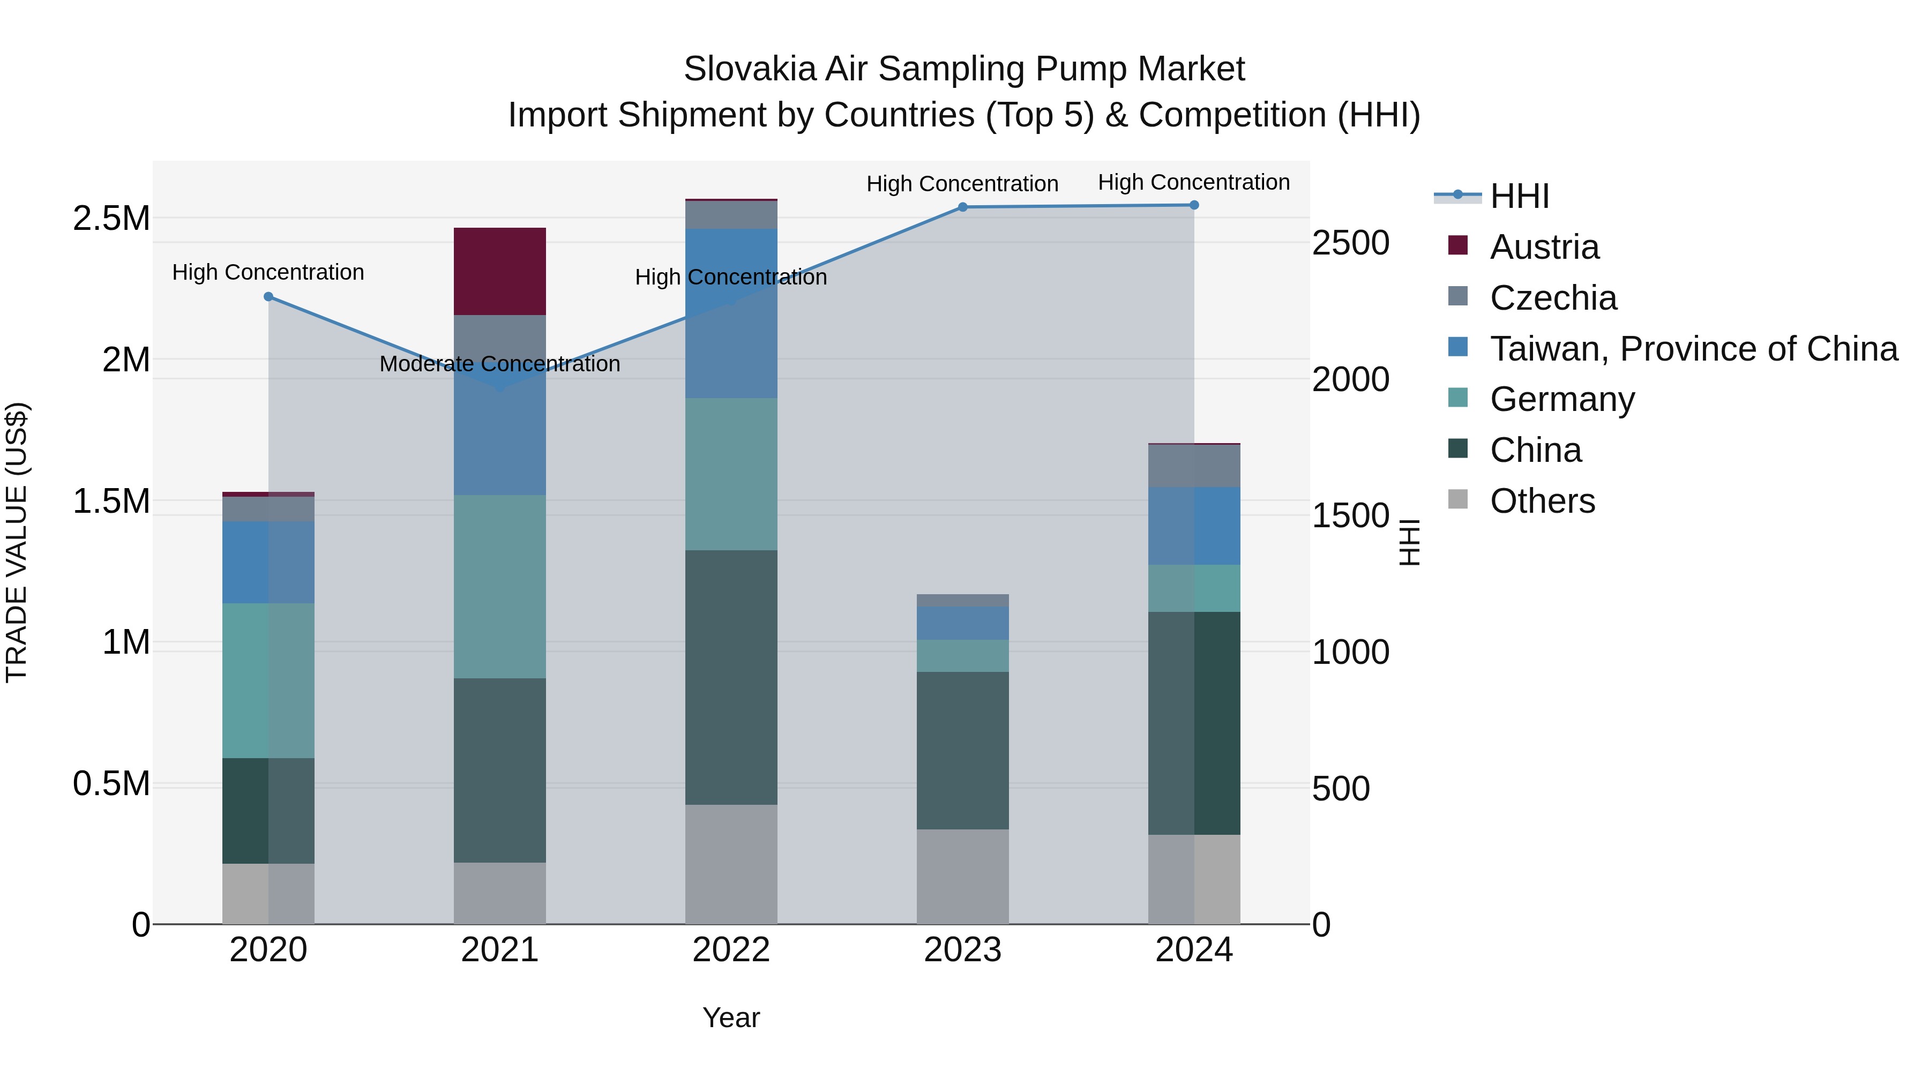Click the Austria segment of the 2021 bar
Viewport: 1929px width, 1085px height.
pyautogui.click(x=499, y=271)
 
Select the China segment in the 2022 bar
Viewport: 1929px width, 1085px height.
pyautogui.click(x=731, y=678)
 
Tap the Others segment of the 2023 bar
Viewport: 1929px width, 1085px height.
pyautogui.click(x=962, y=876)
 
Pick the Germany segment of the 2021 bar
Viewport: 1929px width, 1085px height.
pyautogui.click(x=499, y=586)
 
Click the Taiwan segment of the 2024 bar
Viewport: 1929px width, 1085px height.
pyautogui.click(x=1194, y=526)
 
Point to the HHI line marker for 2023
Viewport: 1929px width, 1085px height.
pyautogui.click(x=963, y=207)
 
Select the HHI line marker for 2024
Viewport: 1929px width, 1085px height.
pyautogui.click(x=1194, y=205)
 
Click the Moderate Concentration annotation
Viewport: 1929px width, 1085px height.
pyautogui.click(x=499, y=364)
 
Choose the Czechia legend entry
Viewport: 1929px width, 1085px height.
pyautogui.click(x=1552, y=298)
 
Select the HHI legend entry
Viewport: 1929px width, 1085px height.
pyautogui.click(x=1519, y=196)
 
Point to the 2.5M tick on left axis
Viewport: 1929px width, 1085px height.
pyautogui.click(x=111, y=219)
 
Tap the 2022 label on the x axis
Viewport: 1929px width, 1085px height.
pyautogui.click(x=731, y=950)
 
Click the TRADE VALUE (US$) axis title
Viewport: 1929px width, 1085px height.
pyautogui.click(x=17, y=542)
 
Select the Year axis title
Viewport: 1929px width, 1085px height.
pyautogui.click(x=731, y=1017)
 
